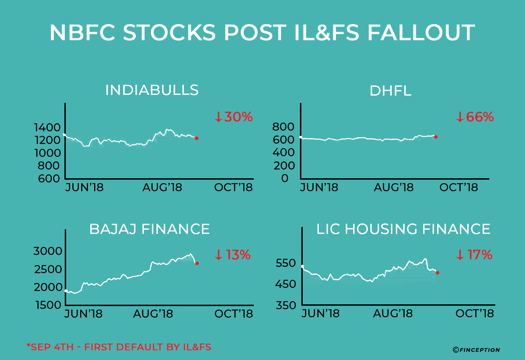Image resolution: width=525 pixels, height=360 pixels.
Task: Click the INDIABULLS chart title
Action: pos(152,90)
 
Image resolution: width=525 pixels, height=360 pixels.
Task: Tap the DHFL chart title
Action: pos(390,91)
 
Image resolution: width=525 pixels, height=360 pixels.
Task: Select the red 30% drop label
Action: pos(233,117)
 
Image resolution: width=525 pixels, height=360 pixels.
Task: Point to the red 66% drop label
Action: pos(475,117)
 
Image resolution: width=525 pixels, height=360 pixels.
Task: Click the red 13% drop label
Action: pos(232,255)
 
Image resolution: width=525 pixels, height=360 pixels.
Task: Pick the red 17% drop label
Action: pos(474,255)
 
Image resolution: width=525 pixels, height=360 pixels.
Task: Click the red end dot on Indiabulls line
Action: pos(197,138)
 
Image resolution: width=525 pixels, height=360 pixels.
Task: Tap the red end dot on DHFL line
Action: pos(436,137)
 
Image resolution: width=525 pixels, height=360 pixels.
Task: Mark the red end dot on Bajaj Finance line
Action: pos(197,263)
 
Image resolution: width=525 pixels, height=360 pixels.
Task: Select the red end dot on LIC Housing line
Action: pos(437,273)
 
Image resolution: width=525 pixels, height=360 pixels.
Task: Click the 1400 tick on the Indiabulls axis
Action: pos(47,127)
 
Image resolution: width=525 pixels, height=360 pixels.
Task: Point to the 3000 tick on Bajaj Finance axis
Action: pos(48,251)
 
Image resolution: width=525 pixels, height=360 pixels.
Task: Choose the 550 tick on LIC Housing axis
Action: pos(286,263)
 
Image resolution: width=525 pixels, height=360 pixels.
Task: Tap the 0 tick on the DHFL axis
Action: pos(285,178)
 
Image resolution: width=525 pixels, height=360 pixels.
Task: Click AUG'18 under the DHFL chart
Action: pos(394,187)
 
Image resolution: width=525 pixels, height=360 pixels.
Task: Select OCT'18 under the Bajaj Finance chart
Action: pos(233,314)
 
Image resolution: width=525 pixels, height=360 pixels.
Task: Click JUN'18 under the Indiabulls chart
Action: pos(84,187)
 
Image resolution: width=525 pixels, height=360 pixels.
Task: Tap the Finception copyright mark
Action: pos(476,349)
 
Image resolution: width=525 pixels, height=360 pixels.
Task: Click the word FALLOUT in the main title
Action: pos(421,33)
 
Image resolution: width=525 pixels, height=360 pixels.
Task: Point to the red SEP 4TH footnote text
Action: pos(119,347)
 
